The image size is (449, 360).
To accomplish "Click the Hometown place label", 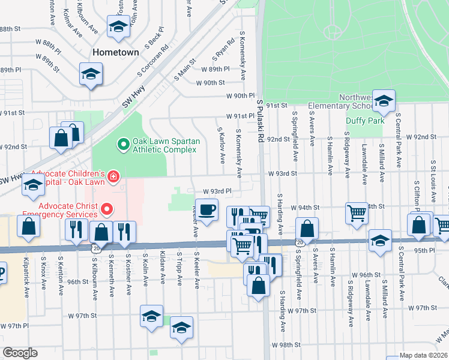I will click(115, 52).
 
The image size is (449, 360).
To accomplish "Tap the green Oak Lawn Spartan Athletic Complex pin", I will click(123, 144).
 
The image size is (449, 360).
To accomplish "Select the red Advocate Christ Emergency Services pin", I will click(107, 209).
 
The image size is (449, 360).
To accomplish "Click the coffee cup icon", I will click(207, 210).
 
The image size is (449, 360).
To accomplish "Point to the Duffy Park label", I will click(365, 121).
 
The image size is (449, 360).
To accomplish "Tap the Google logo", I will click(20, 353).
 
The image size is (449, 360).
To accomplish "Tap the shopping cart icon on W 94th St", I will click(357, 212).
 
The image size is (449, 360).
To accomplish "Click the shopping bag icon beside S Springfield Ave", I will click(307, 229).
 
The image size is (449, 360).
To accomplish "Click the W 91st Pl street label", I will click(241, 116).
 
